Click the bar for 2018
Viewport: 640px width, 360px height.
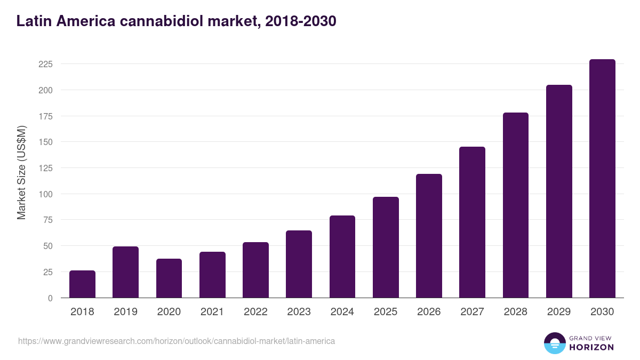[x=82, y=284]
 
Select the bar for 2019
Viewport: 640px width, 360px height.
[x=125, y=272]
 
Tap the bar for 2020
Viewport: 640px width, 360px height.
[x=169, y=278]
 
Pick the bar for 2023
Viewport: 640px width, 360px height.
[x=299, y=264]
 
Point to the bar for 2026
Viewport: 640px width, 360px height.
[x=429, y=236]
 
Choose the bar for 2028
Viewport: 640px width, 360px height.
[x=516, y=205]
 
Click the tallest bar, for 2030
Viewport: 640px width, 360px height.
[x=602, y=179]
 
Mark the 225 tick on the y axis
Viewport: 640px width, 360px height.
[x=45, y=64]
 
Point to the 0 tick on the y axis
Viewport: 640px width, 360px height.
[x=50, y=298]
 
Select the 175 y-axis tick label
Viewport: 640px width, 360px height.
[x=45, y=116]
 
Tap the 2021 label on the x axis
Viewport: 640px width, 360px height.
[x=212, y=312]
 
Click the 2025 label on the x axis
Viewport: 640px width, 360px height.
[x=386, y=312]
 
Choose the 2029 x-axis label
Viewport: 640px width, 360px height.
[x=559, y=312]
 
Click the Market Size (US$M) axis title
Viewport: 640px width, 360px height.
[x=21, y=172]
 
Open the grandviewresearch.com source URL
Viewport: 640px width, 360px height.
[x=177, y=341]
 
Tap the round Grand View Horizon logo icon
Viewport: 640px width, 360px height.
[x=554, y=343]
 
